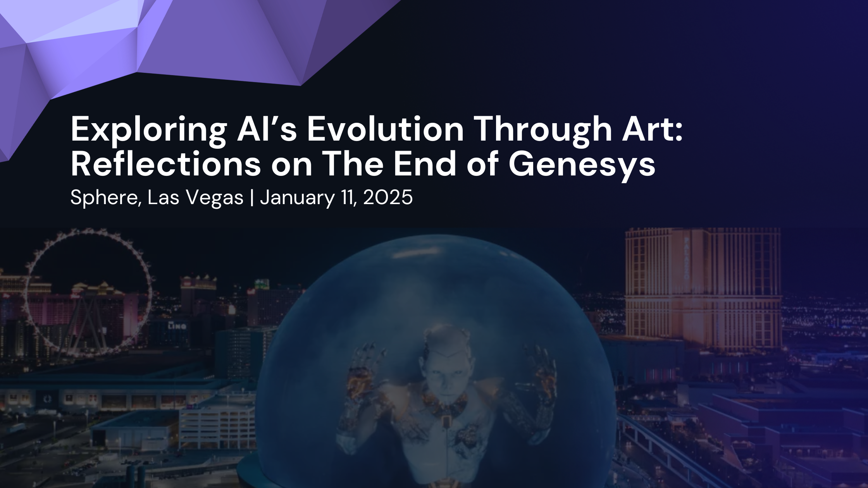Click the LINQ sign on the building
click(177, 326)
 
